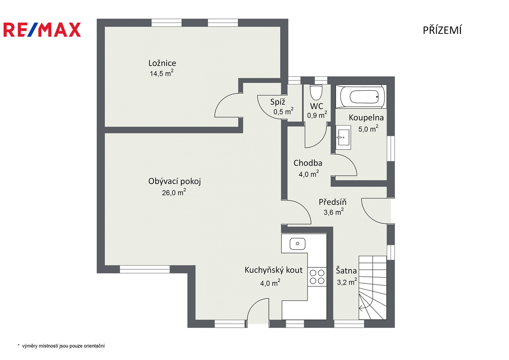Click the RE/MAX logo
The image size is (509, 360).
point(42,30)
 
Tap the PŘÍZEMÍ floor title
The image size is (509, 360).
point(442,30)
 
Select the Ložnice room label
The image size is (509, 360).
point(162,63)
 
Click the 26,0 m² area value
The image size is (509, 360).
point(174,192)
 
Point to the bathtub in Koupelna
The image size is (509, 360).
point(361,97)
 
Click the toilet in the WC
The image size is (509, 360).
point(316,92)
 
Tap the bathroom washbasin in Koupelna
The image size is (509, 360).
point(343,137)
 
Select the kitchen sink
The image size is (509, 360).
point(297,244)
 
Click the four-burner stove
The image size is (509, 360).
point(317,277)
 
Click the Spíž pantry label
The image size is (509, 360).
point(277,102)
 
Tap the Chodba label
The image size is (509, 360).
point(308,163)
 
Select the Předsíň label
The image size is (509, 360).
point(332,202)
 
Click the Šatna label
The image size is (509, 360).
point(346,270)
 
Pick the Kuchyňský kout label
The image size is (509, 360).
point(273,270)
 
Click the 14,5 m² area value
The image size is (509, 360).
point(162,73)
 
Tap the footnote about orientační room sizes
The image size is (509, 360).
point(61,346)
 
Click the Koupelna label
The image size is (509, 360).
point(366,117)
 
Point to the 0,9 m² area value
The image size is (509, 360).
point(317,115)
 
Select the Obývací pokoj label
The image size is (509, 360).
point(175,181)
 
